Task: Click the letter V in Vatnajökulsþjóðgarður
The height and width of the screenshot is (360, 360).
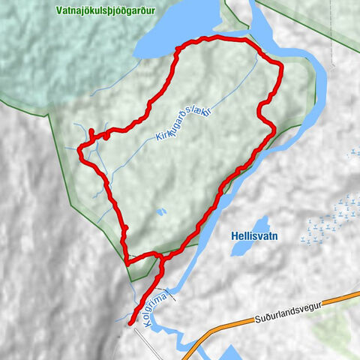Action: click(58, 11)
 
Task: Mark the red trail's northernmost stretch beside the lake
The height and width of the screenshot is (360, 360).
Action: click(217, 39)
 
